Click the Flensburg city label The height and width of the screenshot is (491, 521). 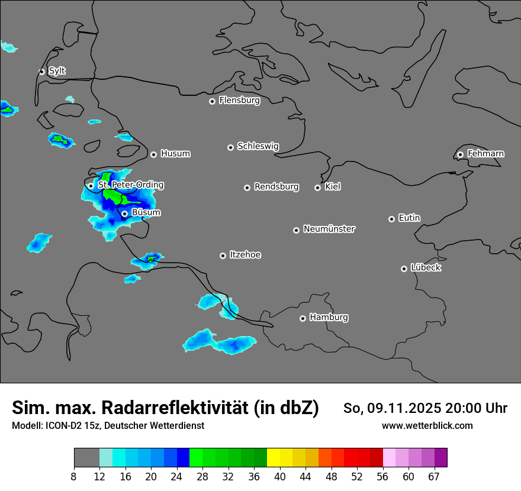coord(239,101)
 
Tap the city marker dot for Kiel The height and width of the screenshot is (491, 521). coord(317,188)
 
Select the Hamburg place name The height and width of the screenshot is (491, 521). coord(329,318)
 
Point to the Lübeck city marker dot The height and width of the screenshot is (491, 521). coord(404,269)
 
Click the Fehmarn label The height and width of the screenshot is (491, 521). coord(485,154)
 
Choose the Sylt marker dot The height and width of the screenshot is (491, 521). coord(41,72)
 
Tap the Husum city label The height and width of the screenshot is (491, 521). coord(175,154)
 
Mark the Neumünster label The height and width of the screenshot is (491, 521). coord(329,229)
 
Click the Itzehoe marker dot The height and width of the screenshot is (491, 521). coord(223,256)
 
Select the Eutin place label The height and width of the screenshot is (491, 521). coord(409,218)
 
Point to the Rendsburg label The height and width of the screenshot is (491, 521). coord(276,187)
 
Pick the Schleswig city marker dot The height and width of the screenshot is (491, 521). coord(230,147)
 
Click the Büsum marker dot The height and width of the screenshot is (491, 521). coord(124,214)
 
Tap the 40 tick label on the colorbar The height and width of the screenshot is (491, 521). coord(280,477)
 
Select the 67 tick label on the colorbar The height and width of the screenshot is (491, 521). coord(434,477)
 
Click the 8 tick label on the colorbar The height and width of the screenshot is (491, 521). coord(74,477)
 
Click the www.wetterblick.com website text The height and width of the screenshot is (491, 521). coord(427,426)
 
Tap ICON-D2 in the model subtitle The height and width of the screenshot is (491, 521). coord(65,426)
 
